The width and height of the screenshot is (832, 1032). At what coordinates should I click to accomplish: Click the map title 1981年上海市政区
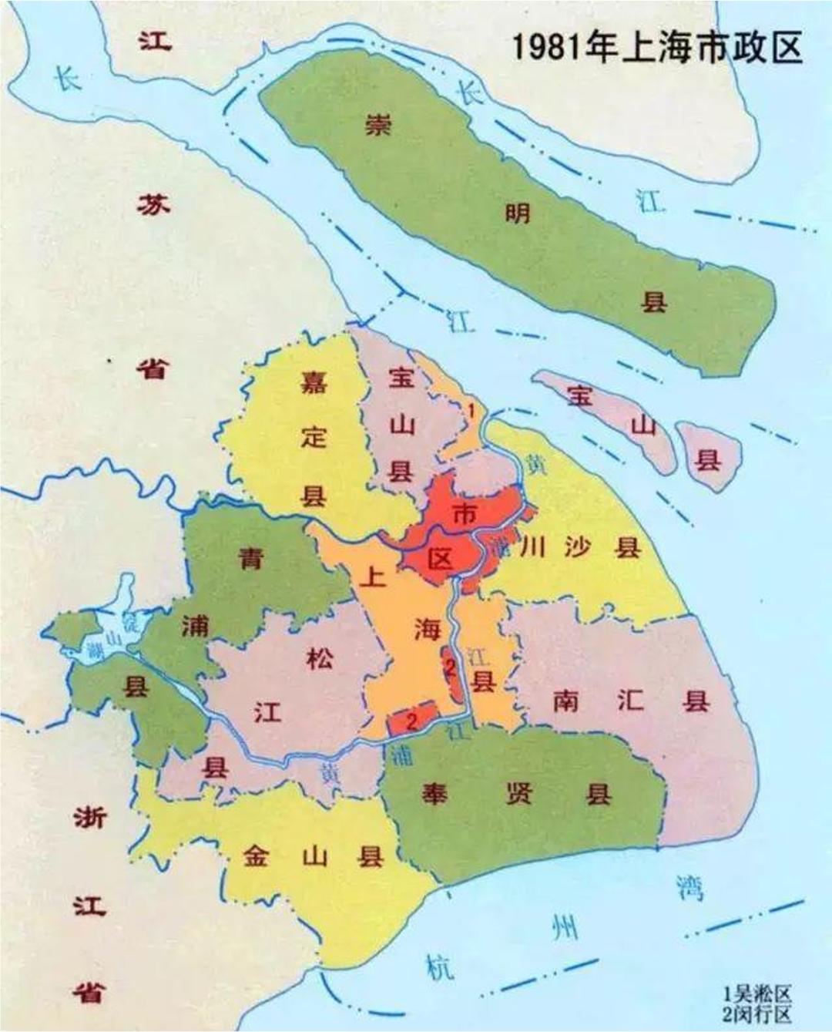[656, 48]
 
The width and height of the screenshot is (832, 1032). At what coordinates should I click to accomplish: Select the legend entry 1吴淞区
[757, 995]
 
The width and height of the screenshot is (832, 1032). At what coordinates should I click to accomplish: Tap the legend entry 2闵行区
[757, 1013]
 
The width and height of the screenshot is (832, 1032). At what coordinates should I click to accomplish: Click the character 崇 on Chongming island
[377, 125]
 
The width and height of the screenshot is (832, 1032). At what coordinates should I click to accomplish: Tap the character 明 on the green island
[517, 213]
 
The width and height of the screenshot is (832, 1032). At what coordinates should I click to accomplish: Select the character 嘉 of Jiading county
[314, 382]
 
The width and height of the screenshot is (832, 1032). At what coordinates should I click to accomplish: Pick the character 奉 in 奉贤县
[434, 794]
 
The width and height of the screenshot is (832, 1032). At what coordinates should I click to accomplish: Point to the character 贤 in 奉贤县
[518, 794]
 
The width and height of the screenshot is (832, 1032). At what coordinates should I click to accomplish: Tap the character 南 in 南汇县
[566, 701]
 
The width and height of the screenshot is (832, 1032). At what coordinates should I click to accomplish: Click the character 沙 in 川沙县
[577, 547]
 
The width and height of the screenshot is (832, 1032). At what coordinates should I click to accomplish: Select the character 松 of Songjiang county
[319, 658]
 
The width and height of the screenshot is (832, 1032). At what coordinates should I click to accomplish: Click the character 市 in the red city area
[465, 513]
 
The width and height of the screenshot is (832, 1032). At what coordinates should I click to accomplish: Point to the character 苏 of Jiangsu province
[153, 205]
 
